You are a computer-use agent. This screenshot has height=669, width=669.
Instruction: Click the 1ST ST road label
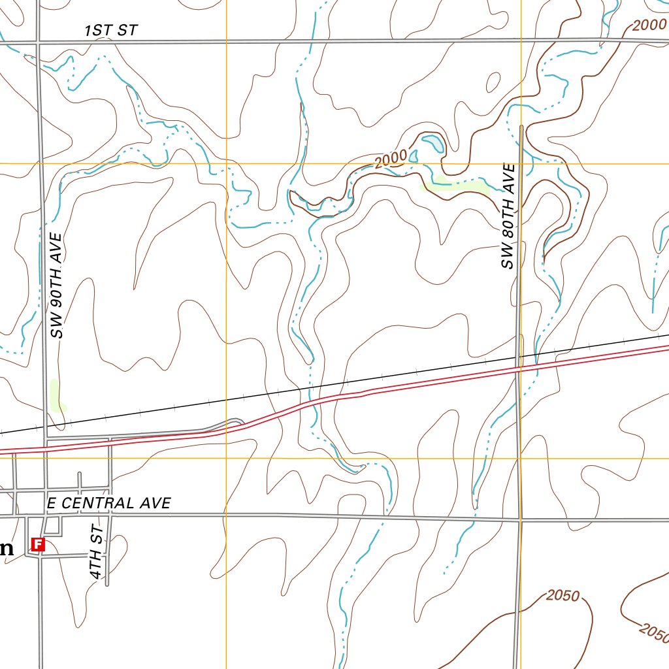click(111, 30)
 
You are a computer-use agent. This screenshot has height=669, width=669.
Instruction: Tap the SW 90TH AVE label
click(58, 286)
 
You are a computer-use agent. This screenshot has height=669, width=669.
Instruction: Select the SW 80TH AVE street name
click(508, 216)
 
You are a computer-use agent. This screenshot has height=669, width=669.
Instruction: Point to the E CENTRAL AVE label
click(109, 503)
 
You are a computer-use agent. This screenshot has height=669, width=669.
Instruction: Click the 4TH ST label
click(97, 551)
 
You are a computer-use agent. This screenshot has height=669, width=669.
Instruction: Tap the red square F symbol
click(38, 544)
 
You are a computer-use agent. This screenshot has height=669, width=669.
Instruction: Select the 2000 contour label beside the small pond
click(391, 159)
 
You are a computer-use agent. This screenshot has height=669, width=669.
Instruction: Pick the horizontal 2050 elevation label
click(563, 595)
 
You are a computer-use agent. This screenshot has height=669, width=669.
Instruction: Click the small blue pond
click(433, 143)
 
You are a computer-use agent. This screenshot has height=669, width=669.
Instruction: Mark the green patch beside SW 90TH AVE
click(57, 395)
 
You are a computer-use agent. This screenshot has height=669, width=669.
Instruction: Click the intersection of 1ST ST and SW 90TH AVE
click(38, 43)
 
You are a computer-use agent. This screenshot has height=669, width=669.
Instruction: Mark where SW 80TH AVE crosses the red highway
click(519, 369)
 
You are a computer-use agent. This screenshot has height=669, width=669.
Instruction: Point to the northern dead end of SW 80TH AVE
click(521, 125)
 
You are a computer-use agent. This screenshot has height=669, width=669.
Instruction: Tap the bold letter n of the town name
click(6, 549)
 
